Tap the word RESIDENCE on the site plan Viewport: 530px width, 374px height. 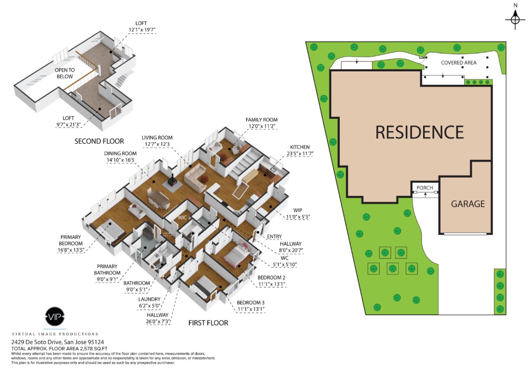[419, 132]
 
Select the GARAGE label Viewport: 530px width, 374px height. [468, 204]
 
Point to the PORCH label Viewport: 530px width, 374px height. [425, 188]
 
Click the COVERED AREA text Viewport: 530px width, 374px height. [459, 63]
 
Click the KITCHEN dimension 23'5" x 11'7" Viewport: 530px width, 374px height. [300, 154]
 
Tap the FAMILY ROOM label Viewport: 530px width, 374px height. [262, 120]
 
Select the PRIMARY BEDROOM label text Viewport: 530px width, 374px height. [71, 240]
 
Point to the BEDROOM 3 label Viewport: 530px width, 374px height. [251, 303]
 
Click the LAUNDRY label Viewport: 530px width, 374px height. [149, 299]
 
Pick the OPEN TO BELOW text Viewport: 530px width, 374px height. [65, 73]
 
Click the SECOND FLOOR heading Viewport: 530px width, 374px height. [99, 141]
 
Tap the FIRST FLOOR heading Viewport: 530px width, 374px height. [208, 323]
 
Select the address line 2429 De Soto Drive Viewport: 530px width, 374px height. [57, 342]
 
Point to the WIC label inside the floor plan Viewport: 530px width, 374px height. [182, 217]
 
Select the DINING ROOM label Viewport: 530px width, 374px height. [120, 154]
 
